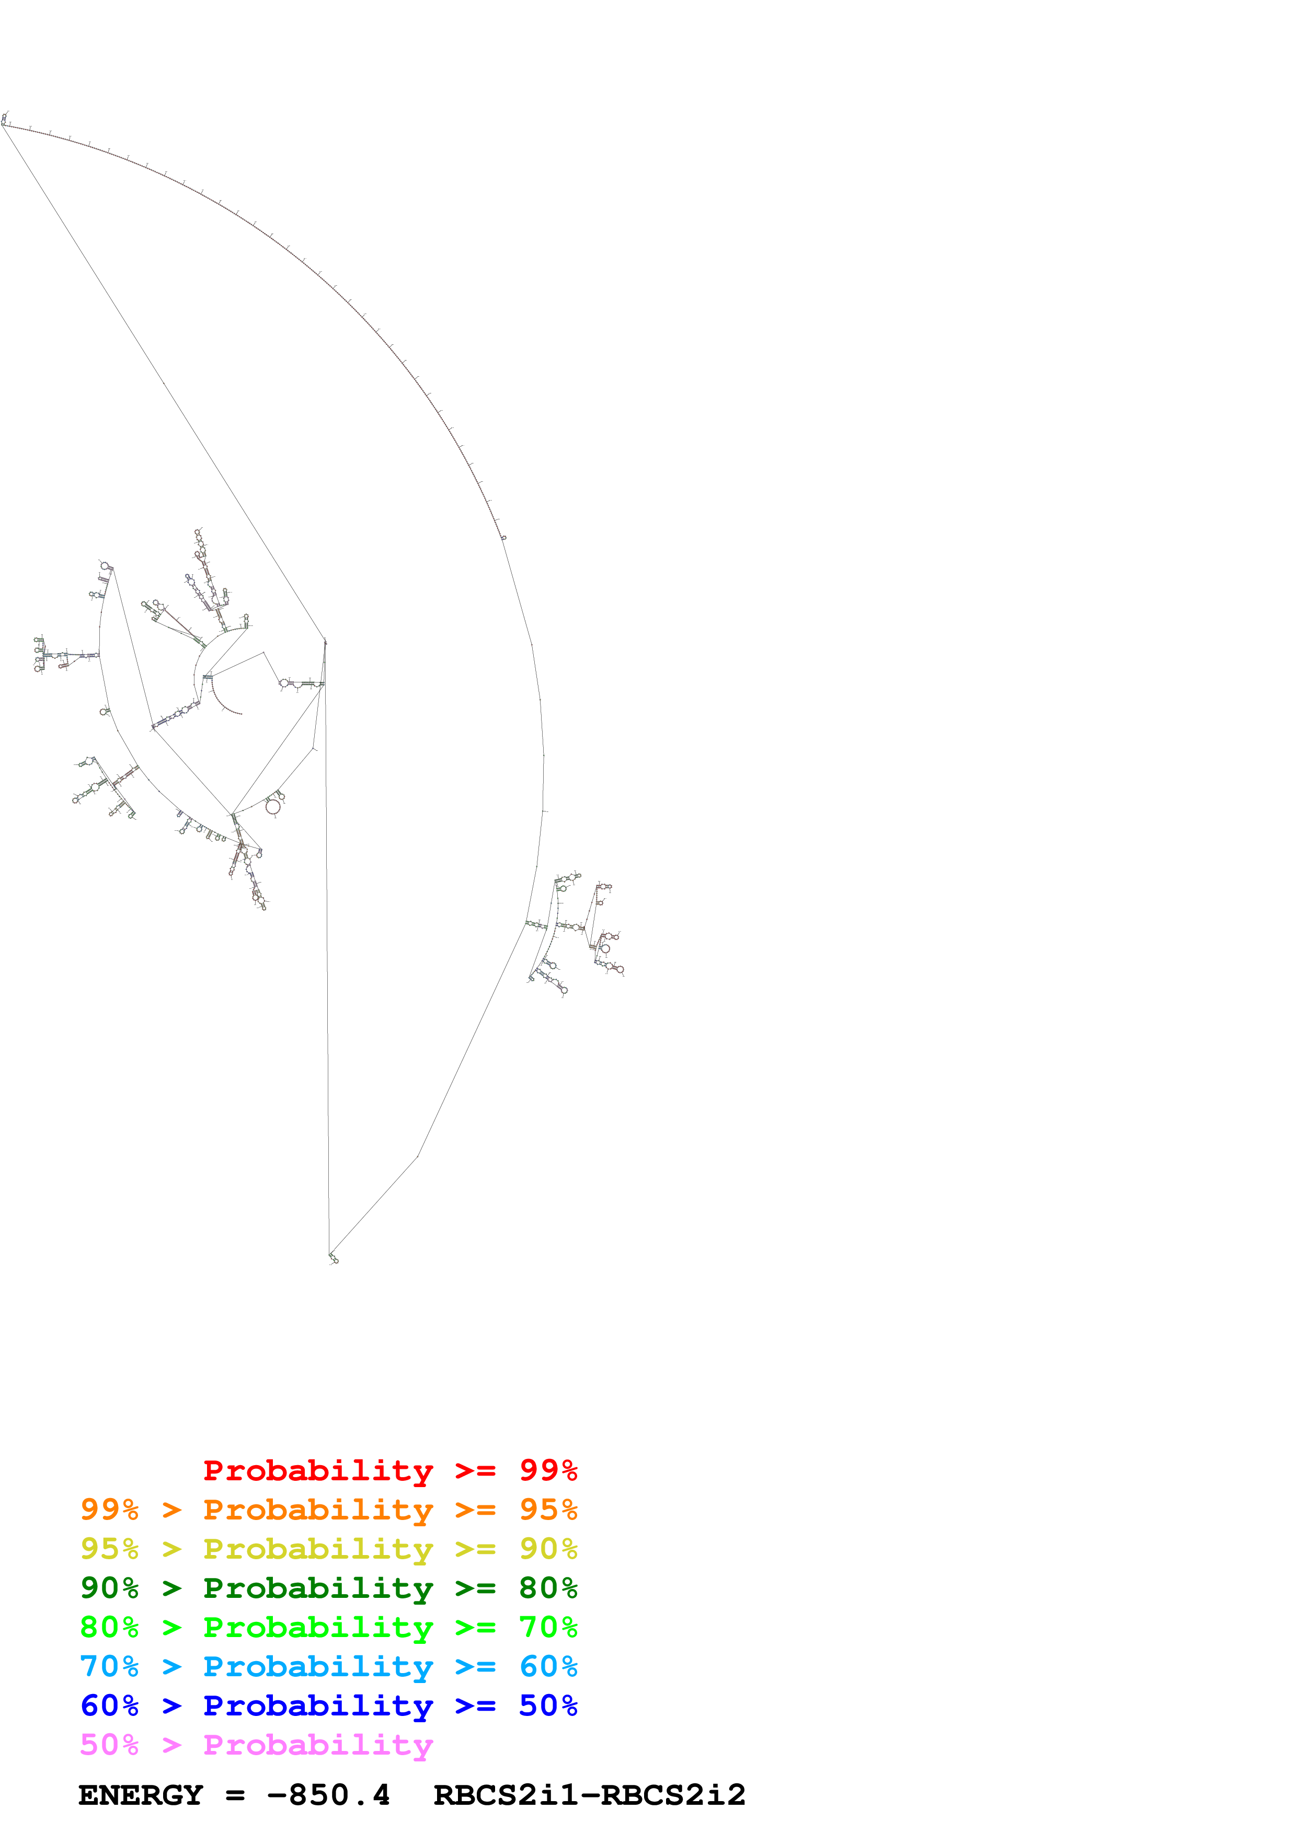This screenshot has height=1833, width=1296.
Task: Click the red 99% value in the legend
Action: (x=548, y=1470)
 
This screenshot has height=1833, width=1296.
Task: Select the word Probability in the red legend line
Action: (x=318, y=1470)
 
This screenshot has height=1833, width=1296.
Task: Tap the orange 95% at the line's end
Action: (x=548, y=1510)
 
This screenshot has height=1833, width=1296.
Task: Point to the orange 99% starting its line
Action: (x=109, y=1510)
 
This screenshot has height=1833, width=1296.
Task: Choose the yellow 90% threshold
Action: (x=548, y=1549)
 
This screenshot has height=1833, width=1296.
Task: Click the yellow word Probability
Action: (x=318, y=1549)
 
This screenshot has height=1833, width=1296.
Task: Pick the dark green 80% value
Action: (x=548, y=1588)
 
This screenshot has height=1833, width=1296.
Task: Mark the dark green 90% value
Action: (x=109, y=1588)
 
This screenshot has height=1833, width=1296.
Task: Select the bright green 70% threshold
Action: (x=548, y=1627)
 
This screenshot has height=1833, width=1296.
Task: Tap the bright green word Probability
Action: (x=318, y=1627)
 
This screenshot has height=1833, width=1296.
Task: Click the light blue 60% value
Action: (x=548, y=1666)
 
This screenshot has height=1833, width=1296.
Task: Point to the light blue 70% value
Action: (x=109, y=1666)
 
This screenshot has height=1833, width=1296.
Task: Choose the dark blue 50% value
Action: (x=548, y=1706)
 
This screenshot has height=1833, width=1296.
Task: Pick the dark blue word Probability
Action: (x=318, y=1706)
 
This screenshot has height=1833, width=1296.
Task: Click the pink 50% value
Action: (x=109, y=1744)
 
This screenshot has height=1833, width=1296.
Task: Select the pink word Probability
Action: (x=318, y=1744)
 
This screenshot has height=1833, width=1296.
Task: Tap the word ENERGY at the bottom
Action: (x=141, y=1795)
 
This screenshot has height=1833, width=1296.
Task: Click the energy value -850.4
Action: (x=328, y=1795)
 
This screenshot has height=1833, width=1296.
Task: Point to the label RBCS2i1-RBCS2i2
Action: (x=589, y=1795)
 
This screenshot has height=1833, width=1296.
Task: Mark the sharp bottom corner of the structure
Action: (x=330, y=1254)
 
